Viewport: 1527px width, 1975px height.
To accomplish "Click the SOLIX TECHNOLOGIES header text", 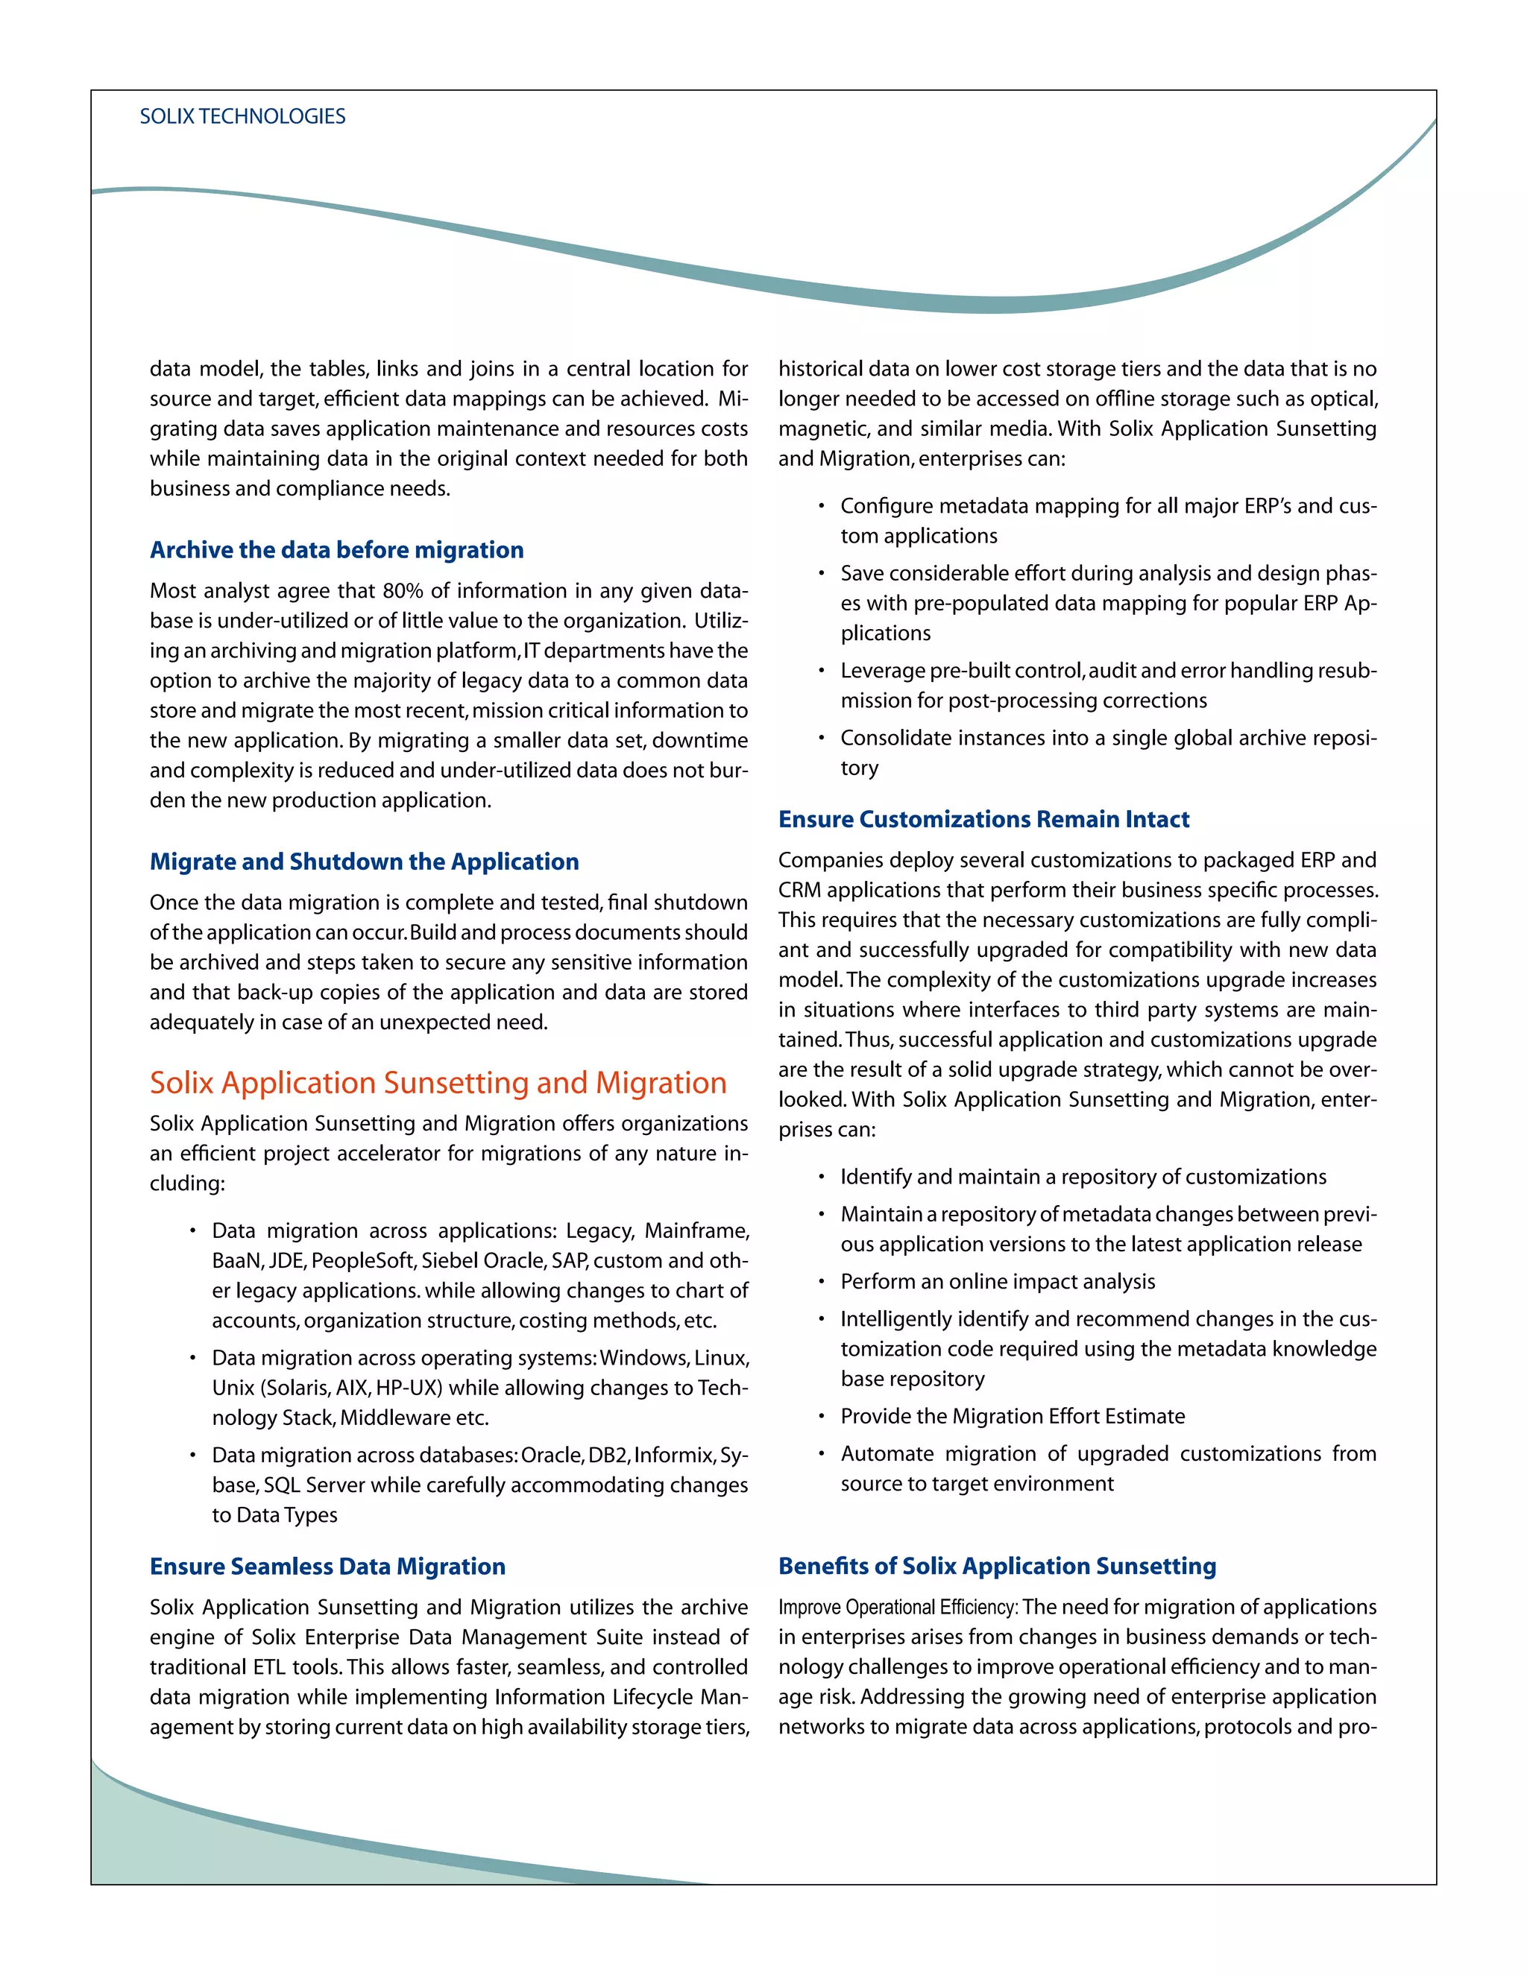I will tap(242, 117).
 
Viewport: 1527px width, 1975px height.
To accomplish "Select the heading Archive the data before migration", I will tap(336, 550).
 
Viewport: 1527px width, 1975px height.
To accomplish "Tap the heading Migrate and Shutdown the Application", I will tap(364, 862).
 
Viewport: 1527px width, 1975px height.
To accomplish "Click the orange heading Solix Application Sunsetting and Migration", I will tap(438, 1082).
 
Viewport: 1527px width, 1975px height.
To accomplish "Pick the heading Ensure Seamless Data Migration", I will tap(327, 1567).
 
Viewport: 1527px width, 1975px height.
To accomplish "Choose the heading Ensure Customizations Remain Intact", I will tap(983, 819).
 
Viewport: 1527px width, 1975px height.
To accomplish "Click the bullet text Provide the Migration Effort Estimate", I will tap(1013, 1416).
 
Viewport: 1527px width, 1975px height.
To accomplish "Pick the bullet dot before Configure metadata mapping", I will tap(822, 506).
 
